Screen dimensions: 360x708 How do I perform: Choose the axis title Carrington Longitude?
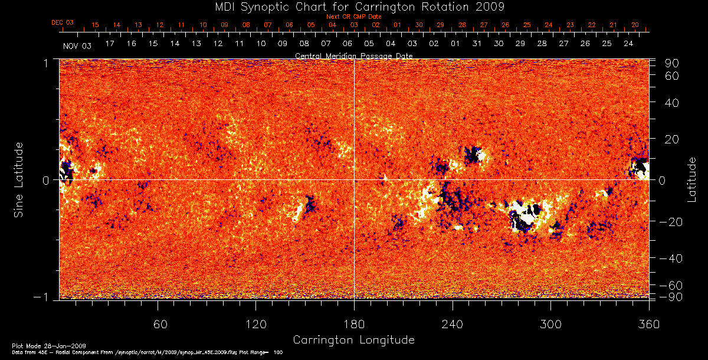coord(354,340)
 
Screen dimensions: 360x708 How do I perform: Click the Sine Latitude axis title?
coord(19,179)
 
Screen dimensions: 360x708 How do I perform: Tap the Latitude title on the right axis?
coord(692,179)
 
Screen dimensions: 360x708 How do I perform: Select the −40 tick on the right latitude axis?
coord(670,258)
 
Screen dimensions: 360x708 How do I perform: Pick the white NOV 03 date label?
coord(77,45)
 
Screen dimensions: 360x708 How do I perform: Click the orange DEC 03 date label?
coord(63,22)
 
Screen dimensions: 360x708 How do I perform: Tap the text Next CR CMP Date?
coord(354,17)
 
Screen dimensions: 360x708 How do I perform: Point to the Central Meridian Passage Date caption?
coord(354,55)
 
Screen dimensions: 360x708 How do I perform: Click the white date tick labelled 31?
coord(477,44)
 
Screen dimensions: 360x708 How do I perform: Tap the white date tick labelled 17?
coord(109,44)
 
